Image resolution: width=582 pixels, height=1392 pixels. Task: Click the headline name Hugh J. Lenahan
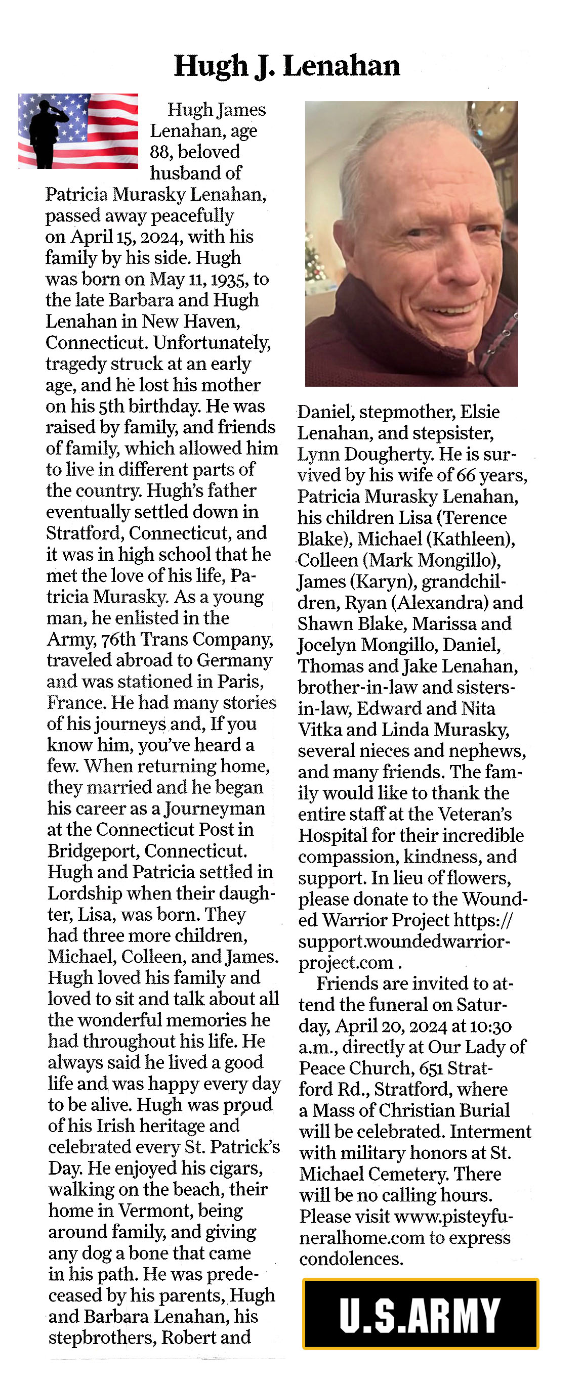click(x=286, y=66)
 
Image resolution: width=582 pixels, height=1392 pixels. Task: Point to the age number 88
click(x=161, y=152)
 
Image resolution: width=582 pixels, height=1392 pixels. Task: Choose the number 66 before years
click(x=466, y=475)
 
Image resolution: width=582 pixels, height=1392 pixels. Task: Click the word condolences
click(x=351, y=1259)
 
